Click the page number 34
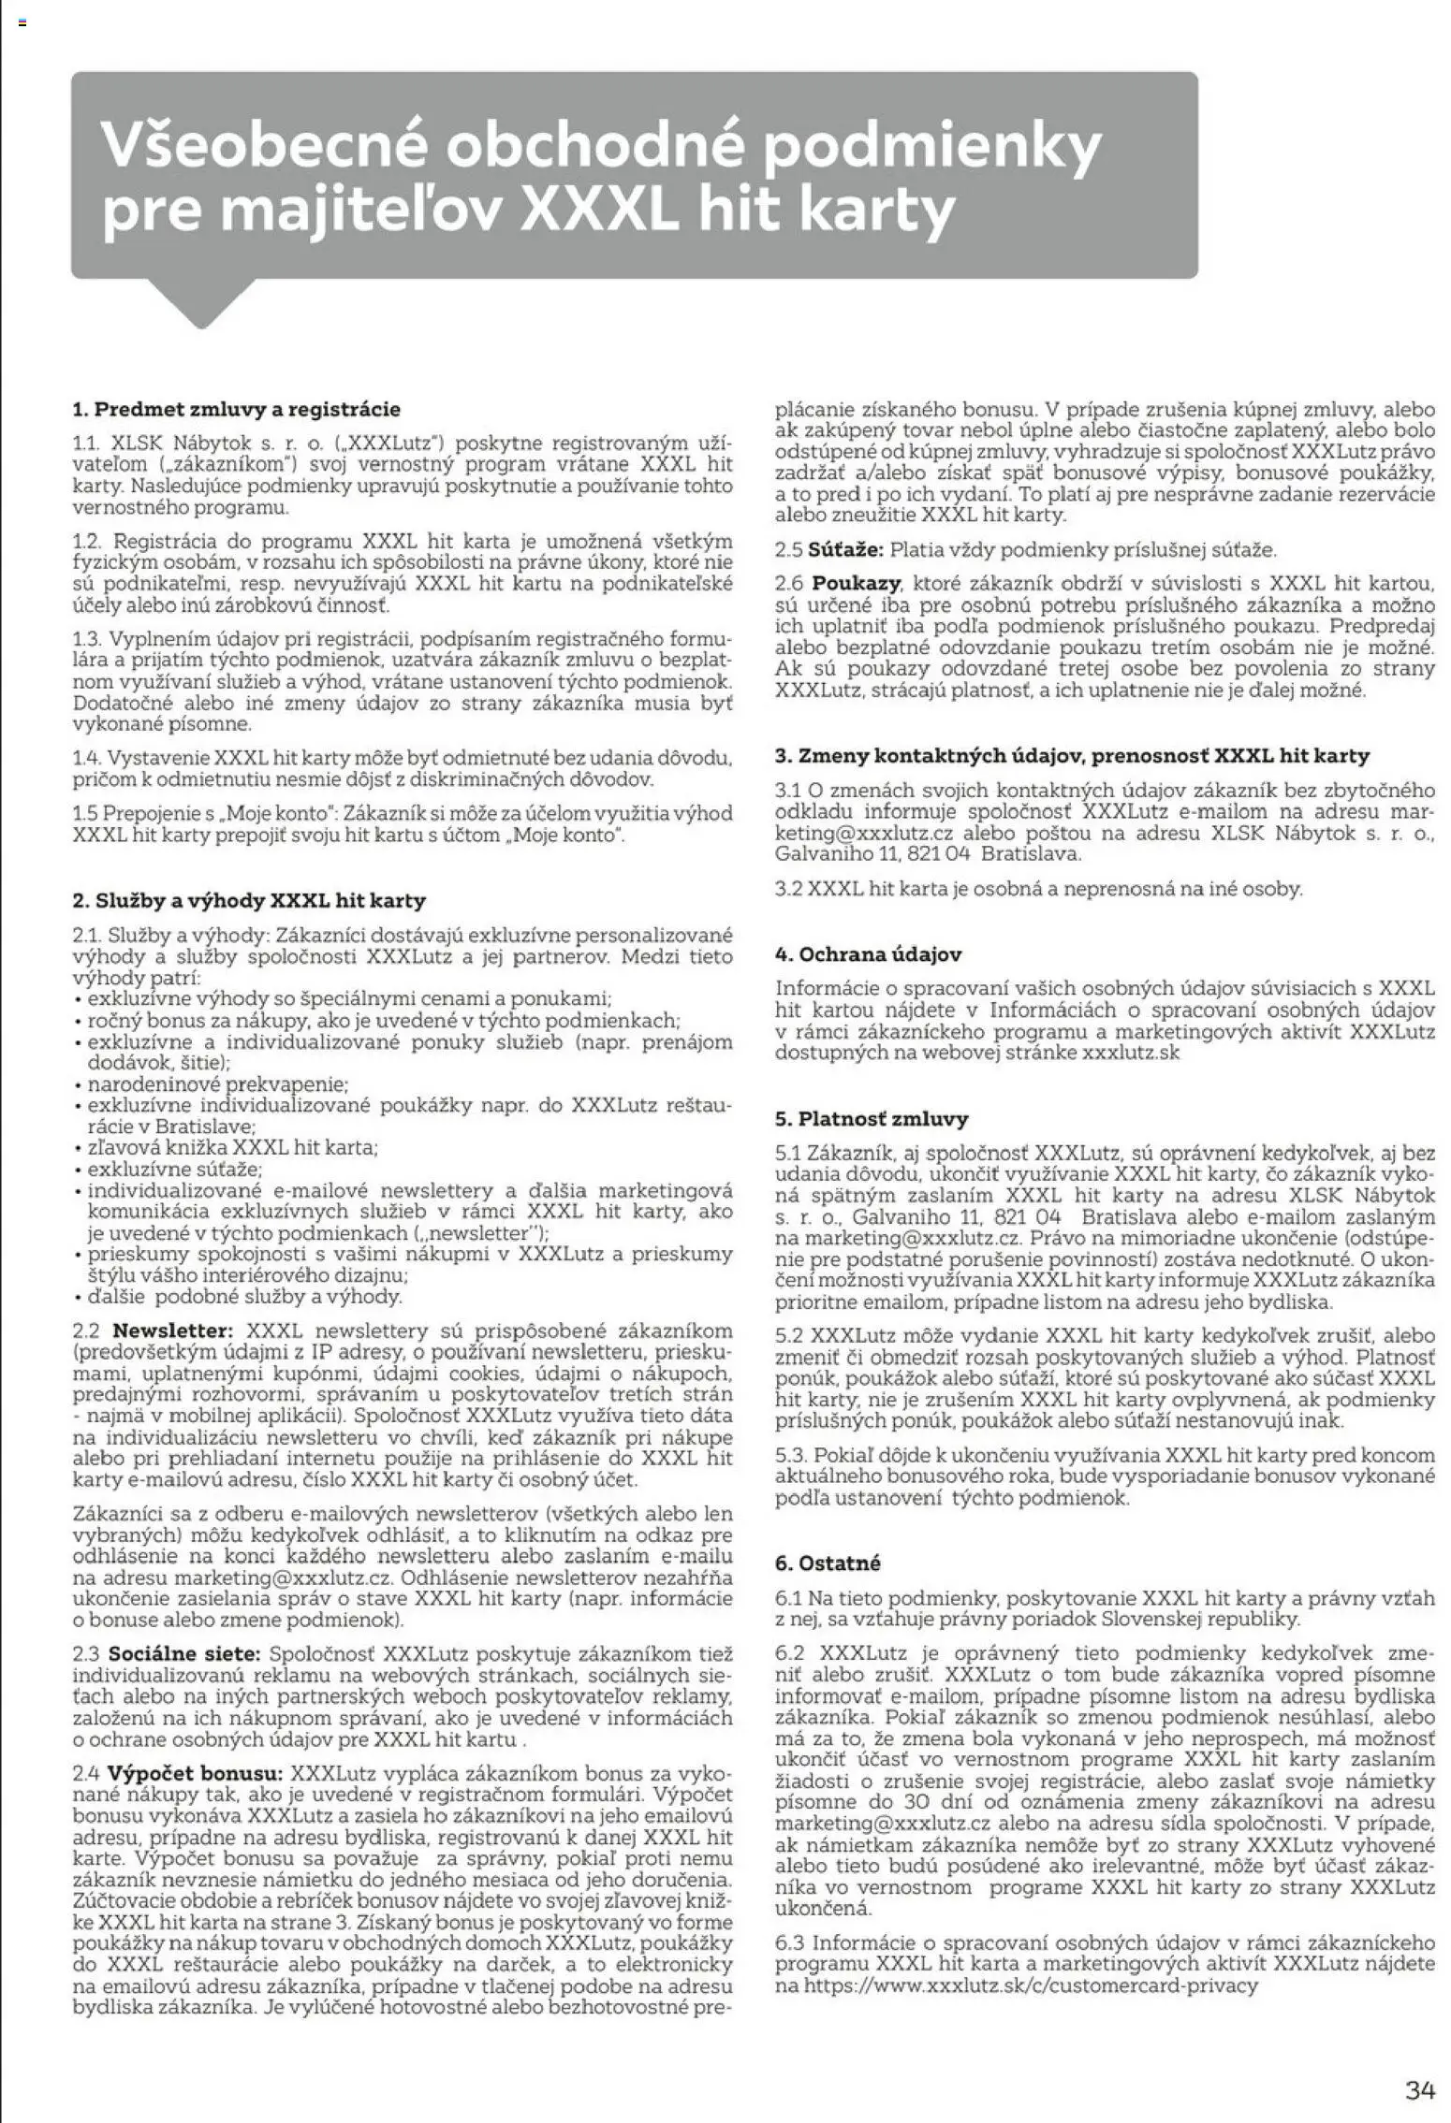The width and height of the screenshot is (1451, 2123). coord(1419,2063)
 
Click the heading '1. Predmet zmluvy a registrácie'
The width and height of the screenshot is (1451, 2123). coord(236,409)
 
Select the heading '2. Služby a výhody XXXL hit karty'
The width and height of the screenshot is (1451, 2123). coord(249,901)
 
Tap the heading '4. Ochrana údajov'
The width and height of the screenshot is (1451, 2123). coord(868,954)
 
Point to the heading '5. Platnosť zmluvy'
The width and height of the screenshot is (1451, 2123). coord(872,1118)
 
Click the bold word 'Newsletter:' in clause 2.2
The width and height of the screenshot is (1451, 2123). coord(171,1331)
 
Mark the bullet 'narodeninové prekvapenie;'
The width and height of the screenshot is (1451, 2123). coord(217,1084)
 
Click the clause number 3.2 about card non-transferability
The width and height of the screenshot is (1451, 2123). coord(789,888)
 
